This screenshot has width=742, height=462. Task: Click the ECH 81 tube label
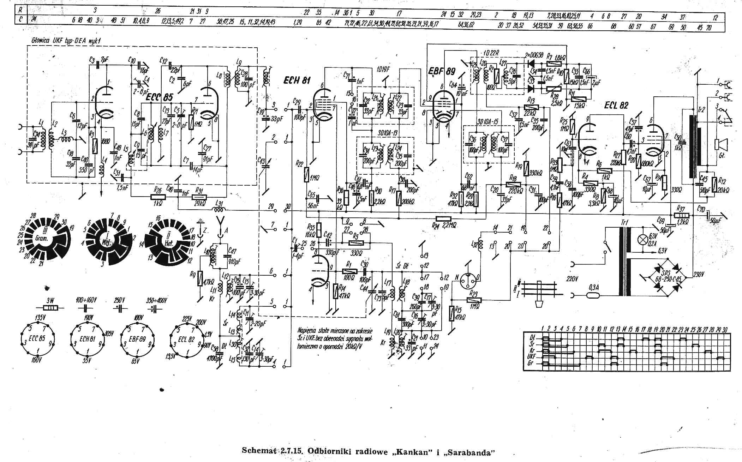point(297,80)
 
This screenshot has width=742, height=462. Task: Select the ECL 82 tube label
point(616,105)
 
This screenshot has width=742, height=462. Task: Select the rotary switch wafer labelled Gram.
point(41,239)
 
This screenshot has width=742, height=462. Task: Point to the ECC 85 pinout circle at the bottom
point(37,338)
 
